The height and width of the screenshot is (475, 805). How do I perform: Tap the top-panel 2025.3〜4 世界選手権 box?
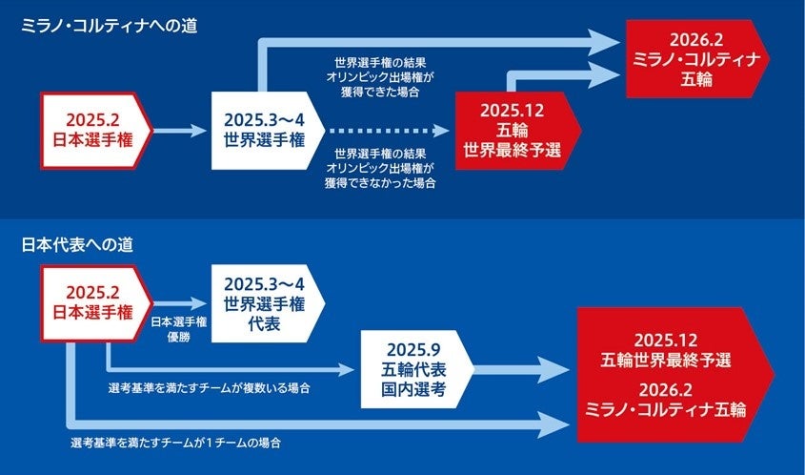click(x=262, y=130)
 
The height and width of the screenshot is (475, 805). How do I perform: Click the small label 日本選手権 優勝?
click(x=179, y=329)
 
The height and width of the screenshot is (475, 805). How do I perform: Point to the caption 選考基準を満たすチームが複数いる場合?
click(x=211, y=389)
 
